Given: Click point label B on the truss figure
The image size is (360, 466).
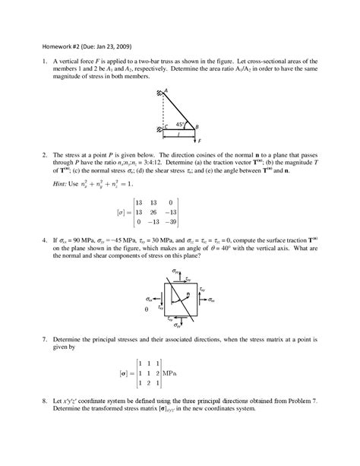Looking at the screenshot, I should [197, 127].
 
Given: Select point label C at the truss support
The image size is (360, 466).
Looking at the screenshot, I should [166, 126].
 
